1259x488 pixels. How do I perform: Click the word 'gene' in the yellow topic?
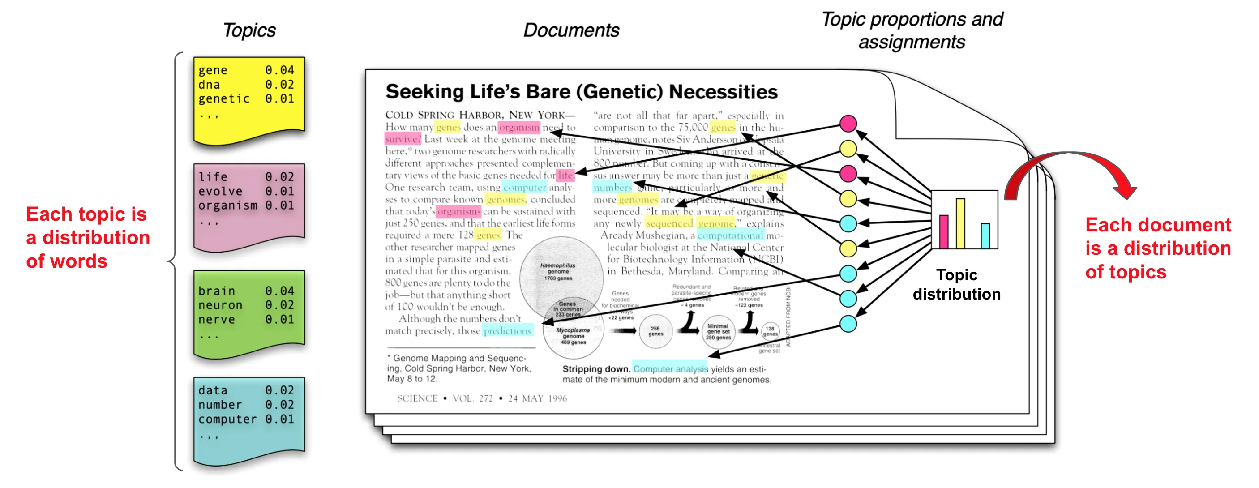[213, 70]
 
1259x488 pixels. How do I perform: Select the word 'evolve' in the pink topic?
[220, 191]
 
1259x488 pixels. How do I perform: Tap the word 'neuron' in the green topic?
[220, 305]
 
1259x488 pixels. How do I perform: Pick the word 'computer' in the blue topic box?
[227, 419]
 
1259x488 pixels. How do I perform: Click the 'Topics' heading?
[249, 30]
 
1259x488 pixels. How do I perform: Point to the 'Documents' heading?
[571, 30]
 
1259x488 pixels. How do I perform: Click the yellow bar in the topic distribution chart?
[960, 223]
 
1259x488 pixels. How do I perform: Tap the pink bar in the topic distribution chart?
[944, 231]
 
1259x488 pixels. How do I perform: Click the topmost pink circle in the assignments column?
[848, 124]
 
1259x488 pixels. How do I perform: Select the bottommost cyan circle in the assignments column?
[848, 323]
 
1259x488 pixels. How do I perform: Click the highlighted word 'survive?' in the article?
[403, 139]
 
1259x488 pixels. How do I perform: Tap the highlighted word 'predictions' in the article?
[507, 331]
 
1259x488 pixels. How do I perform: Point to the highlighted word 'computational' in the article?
[730, 235]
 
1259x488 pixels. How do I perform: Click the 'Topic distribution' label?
[956, 284]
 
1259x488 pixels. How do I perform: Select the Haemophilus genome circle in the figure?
[560, 272]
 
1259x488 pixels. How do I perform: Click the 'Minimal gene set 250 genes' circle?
[718, 332]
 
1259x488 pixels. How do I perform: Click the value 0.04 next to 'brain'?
[279, 291]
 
